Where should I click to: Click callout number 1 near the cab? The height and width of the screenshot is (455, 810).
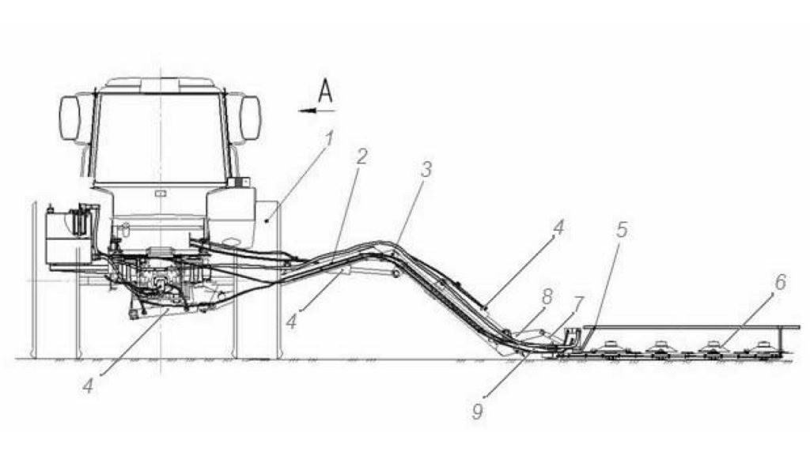(328, 138)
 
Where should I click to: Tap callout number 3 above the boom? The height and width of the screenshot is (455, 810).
(426, 170)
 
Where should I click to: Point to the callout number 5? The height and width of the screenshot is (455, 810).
(622, 230)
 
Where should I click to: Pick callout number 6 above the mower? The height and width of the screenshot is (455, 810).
(780, 282)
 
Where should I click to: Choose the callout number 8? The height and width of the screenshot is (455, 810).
(547, 297)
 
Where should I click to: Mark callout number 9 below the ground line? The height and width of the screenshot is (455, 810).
(477, 411)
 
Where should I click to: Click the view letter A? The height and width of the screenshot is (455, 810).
(325, 91)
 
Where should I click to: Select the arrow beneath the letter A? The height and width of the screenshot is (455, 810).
(317, 110)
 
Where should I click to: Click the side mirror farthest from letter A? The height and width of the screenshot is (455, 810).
(70, 118)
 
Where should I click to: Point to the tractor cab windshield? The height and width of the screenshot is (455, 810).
(160, 138)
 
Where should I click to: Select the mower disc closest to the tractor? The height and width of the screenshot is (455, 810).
(610, 347)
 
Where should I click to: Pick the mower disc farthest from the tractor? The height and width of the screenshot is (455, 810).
(765, 347)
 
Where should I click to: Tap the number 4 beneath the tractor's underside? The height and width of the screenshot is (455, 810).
(89, 385)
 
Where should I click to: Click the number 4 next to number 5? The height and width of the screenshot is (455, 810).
(558, 227)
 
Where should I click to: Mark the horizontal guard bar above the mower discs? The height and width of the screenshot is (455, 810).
(691, 327)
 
